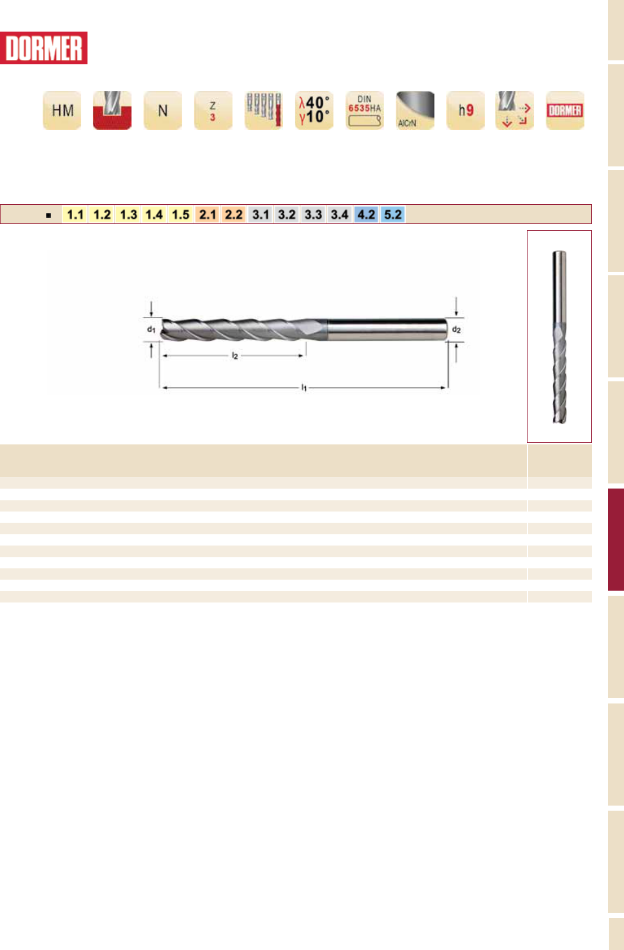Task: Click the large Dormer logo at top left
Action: point(43,48)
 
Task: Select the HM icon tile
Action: point(62,110)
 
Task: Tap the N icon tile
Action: point(163,110)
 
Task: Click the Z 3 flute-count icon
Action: point(213,110)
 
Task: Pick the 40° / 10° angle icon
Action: point(314,110)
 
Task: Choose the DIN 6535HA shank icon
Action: point(365,110)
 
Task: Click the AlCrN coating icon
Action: point(415,110)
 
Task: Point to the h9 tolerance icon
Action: point(466,110)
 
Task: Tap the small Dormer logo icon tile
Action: point(565,110)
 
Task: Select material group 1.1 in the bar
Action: point(75,214)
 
